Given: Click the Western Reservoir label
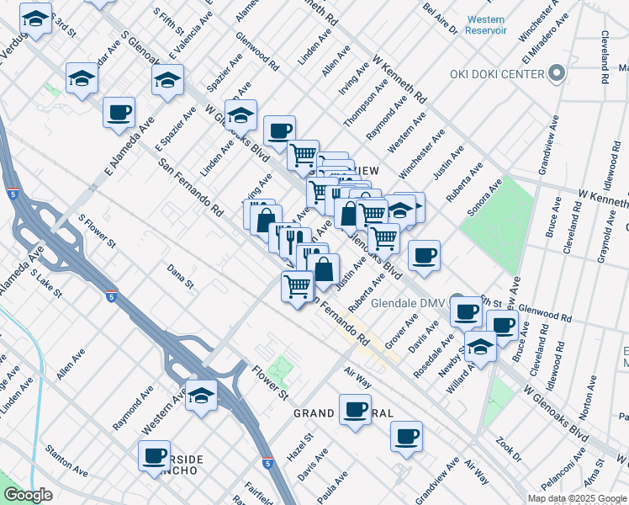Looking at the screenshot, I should click(486, 24).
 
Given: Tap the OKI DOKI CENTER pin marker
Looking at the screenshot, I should click(556, 75).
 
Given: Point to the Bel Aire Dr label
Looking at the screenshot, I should click(440, 18).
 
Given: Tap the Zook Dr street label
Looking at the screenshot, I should click(510, 450).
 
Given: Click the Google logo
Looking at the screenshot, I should click(29, 494).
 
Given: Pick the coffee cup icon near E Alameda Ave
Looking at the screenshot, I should click(119, 112).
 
